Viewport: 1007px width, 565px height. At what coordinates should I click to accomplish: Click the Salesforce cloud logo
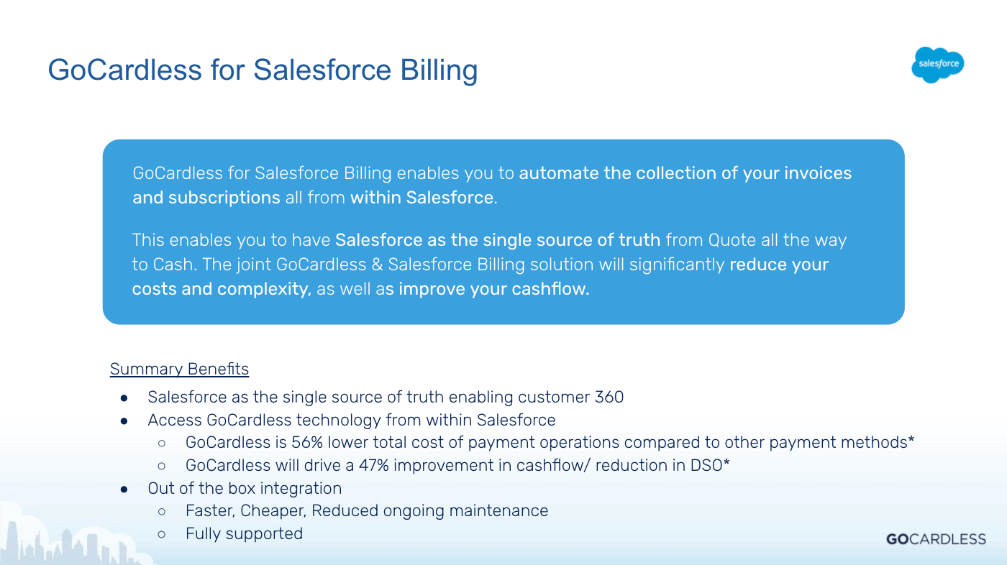(x=938, y=65)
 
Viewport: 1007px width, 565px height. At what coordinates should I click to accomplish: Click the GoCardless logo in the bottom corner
(x=936, y=539)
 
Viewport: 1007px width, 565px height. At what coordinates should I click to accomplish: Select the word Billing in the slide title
(x=439, y=70)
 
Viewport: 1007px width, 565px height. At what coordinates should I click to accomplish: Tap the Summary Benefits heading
(x=179, y=369)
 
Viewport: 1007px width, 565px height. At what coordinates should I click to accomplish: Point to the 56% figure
(x=307, y=442)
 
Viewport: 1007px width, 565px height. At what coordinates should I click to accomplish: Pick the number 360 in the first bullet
(x=609, y=397)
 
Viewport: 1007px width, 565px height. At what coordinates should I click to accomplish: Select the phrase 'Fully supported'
(x=244, y=533)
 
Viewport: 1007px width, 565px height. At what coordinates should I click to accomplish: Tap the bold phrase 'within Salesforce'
(x=422, y=198)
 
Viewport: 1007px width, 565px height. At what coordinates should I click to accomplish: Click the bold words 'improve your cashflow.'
(x=494, y=289)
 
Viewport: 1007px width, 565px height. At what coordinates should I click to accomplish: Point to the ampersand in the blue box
(x=377, y=265)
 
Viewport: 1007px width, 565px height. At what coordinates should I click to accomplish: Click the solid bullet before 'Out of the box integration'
(x=124, y=489)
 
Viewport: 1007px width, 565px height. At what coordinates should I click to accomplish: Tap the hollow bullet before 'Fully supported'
(x=162, y=535)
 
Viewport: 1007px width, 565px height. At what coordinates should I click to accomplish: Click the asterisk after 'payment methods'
(x=911, y=440)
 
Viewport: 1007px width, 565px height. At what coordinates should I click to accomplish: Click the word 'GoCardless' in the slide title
(x=125, y=70)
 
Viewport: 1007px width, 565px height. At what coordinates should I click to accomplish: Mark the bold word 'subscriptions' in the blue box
(x=224, y=198)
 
